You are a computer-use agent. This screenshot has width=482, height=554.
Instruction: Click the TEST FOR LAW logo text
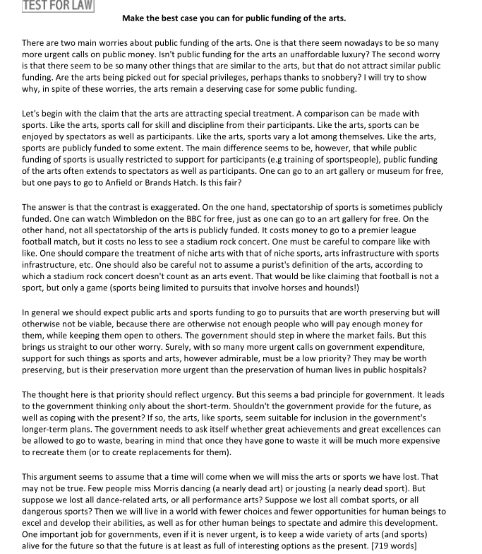tap(48, 5)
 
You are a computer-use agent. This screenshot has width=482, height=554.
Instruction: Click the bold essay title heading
tap(234, 18)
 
